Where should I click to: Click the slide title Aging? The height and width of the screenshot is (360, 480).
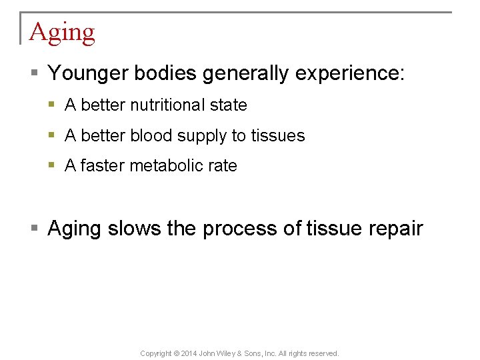point(62,33)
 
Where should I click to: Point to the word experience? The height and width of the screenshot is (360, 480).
point(347,73)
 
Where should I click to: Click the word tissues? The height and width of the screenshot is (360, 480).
point(277,136)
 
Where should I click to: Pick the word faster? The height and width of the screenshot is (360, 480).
point(102,166)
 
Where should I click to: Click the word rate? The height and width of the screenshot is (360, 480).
point(222,166)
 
